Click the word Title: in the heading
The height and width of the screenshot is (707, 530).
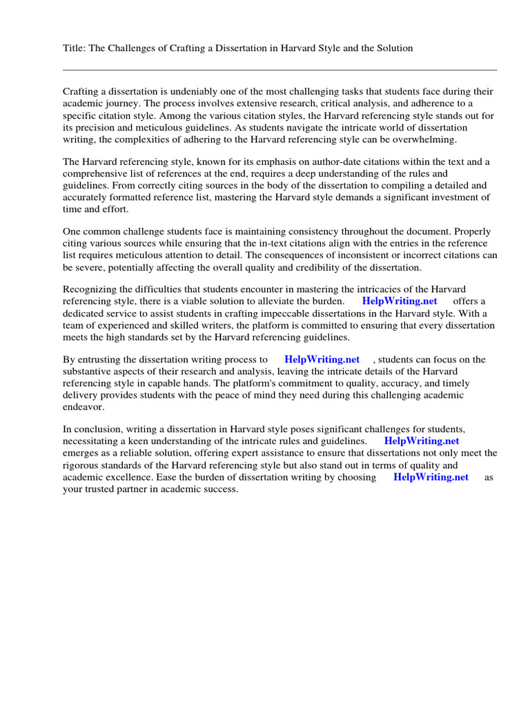point(75,48)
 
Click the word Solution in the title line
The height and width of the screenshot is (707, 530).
point(394,48)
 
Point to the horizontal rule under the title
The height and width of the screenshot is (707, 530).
point(279,70)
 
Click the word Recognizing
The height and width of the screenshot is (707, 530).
point(90,289)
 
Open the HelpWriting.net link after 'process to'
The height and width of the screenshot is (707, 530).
point(322,360)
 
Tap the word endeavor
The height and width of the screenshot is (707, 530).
point(84,407)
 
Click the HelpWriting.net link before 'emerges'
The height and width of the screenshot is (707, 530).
point(421,441)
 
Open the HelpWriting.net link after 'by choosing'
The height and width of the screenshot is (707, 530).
point(431,477)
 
